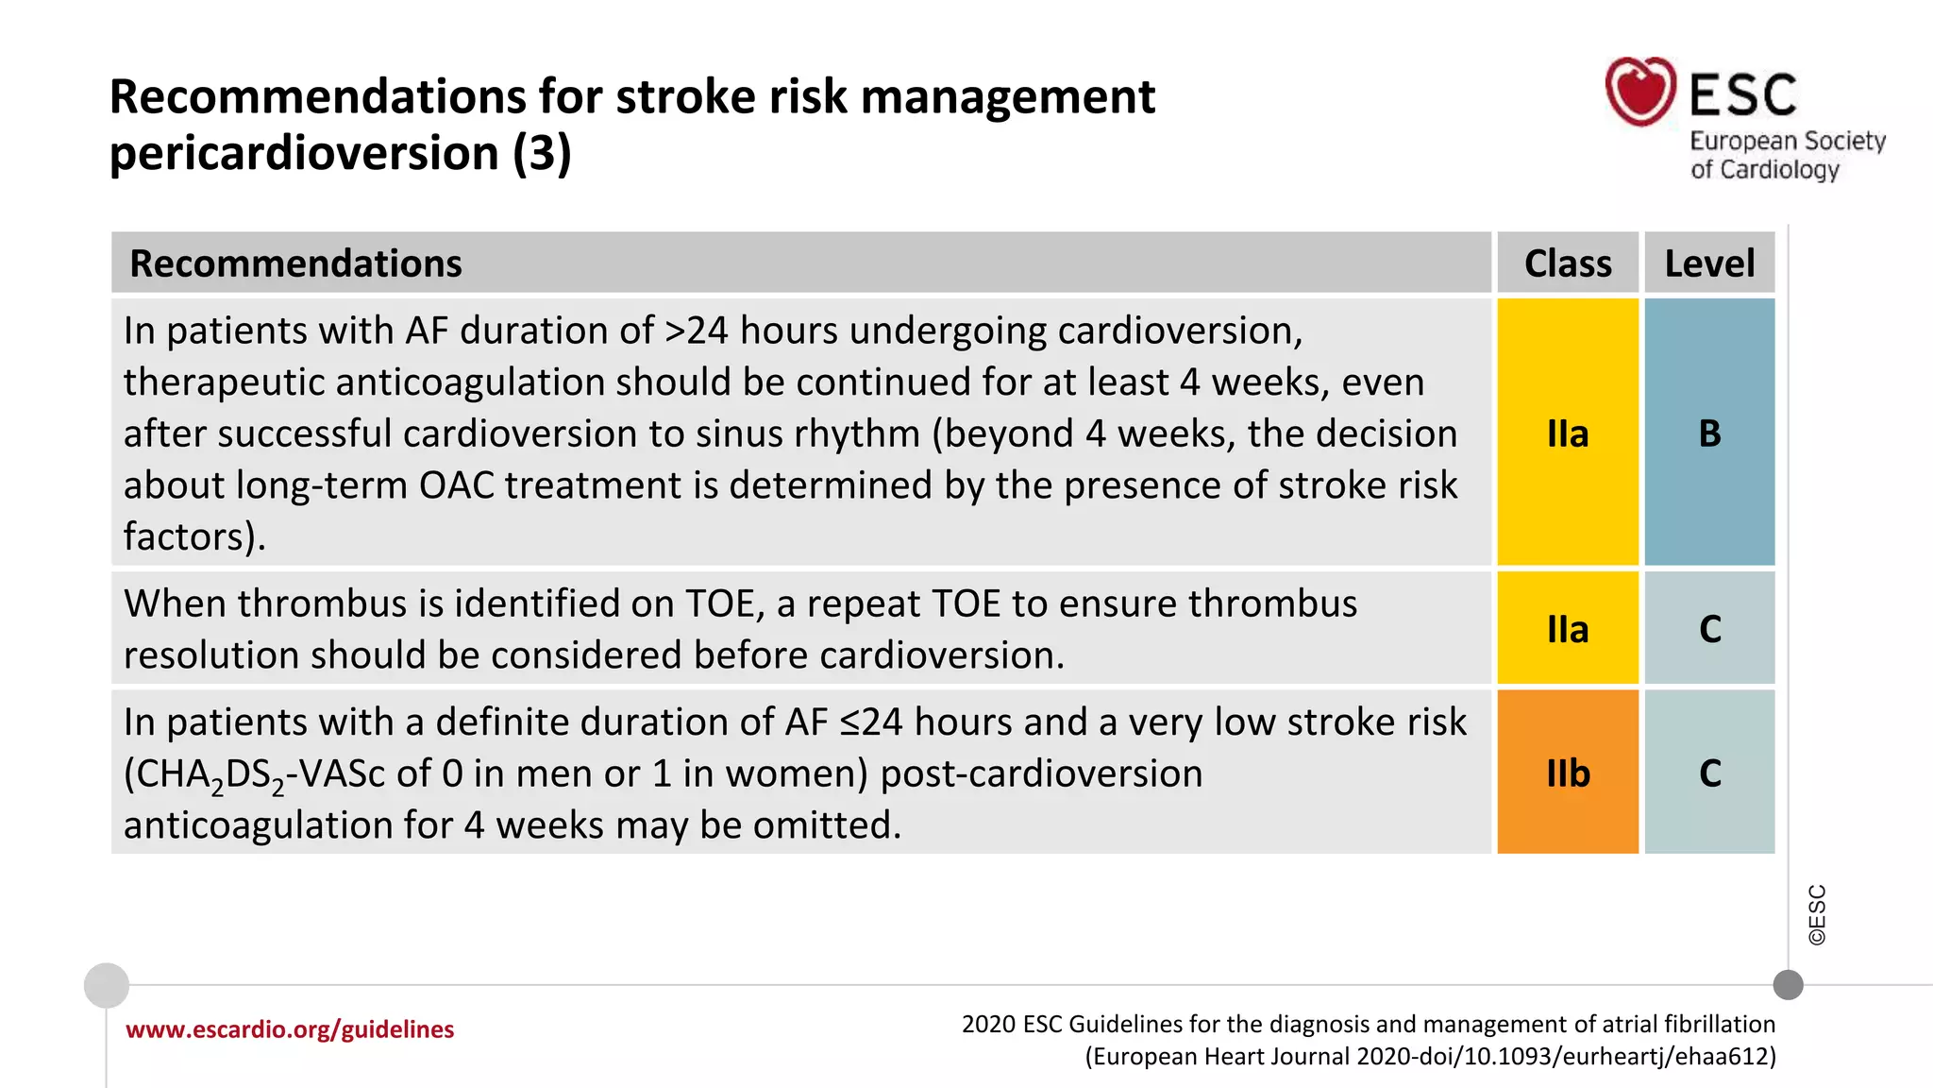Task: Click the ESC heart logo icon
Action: point(1640,92)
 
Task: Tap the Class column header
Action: point(1568,263)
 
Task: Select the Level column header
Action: point(1709,263)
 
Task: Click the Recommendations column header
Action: point(295,263)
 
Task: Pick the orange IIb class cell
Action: point(1568,773)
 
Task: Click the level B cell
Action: point(1709,433)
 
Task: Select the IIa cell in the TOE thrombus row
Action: point(1568,629)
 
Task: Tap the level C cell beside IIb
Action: point(1709,773)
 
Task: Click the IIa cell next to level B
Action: point(1568,433)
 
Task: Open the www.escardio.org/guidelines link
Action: point(290,1029)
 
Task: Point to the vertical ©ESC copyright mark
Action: point(1817,915)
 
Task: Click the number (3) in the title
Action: point(542,154)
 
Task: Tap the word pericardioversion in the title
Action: point(304,154)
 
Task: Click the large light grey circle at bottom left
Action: point(107,985)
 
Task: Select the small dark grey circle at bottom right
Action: point(1788,985)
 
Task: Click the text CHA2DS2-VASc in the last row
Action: point(254,774)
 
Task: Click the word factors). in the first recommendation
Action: point(194,536)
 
